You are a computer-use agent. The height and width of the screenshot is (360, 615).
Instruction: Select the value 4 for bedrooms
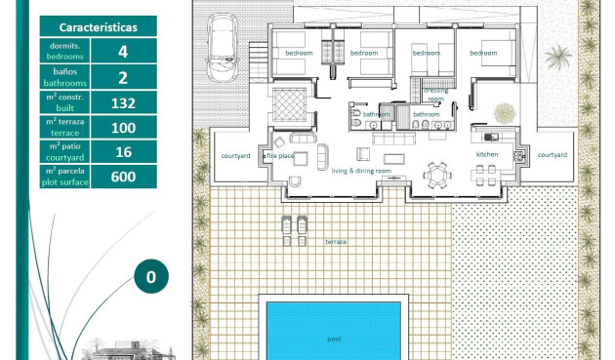click(x=123, y=52)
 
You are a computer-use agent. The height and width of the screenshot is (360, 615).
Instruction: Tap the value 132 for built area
click(x=123, y=102)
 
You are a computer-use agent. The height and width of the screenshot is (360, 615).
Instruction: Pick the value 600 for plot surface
click(x=123, y=177)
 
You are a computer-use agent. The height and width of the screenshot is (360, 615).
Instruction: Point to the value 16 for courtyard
click(x=123, y=152)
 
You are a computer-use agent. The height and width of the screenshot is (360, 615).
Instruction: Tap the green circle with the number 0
click(x=151, y=277)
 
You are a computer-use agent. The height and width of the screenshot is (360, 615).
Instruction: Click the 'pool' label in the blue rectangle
click(x=334, y=339)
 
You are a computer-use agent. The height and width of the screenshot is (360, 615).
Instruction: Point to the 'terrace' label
click(x=336, y=241)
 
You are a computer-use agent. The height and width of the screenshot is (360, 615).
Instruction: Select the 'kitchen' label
click(x=487, y=155)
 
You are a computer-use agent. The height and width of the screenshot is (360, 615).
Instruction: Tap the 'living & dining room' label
click(x=361, y=172)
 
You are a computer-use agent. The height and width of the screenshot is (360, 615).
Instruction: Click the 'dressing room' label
click(x=435, y=95)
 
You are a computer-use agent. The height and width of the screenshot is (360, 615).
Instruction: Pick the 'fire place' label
click(x=280, y=155)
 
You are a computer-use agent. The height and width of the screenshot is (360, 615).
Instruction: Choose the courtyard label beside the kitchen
click(x=552, y=155)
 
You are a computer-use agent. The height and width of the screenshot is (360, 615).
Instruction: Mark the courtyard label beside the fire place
click(x=235, y=155)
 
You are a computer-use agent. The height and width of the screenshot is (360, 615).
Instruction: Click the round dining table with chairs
click(x=436, y=177)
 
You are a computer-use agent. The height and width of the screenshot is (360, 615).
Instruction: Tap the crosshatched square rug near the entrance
click(x=290, y=102)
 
